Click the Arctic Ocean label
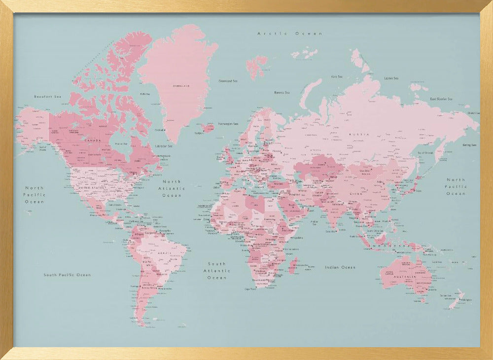[x=290, y=34]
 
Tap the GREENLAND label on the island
[x=180, y=86]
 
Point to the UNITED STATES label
[x=92, y=188]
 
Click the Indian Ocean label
[x=340, y=267]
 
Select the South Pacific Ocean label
[x=67, y=275]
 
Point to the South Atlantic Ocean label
[x=217, y=271]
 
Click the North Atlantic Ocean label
[x=172, y=188]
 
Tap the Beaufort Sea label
[x=47, y=97]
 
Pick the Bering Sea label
[x=469, y=145]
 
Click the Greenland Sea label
[x=228, y=81]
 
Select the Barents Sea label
[x=282, y=92]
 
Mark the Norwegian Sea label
[x=229, y=124]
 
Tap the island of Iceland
[x=207, y=128]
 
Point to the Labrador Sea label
[x=164, y=146]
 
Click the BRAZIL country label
[x=164, y=253]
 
